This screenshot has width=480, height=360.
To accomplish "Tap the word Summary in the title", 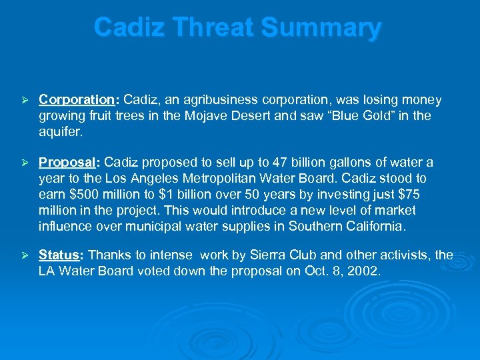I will click(321, 27).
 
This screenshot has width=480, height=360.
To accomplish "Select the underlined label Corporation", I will click(77, 100).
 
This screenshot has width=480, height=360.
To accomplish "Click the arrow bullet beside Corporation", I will click(23, 100).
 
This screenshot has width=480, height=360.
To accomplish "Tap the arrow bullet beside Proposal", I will click(23, 163).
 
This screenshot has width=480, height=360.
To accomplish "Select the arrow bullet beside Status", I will click(23, 255).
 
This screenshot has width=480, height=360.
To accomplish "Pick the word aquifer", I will click(61, 132).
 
